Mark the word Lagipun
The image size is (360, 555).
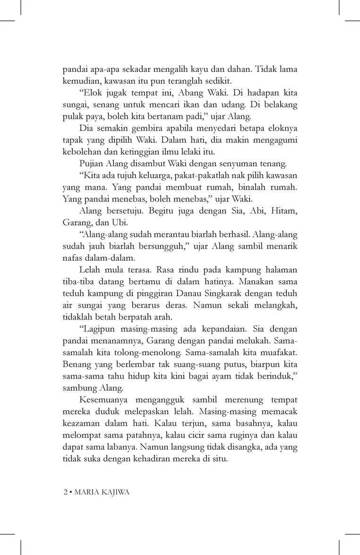pos(100,328)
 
